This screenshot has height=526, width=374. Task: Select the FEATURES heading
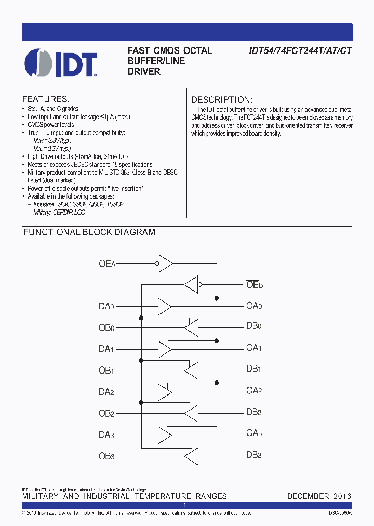(45, 99)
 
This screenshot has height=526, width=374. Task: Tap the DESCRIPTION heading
(222, 100)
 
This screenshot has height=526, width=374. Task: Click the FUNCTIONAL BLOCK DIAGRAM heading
(89, 233)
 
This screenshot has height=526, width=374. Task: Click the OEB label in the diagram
(255, 284)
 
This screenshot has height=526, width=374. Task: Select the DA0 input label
(106, 306)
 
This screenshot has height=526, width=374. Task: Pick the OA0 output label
(254, 306)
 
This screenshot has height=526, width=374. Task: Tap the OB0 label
(106, 327)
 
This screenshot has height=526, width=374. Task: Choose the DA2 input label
(106, 391)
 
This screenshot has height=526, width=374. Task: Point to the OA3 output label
(254, 433)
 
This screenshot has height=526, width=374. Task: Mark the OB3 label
(106, 456)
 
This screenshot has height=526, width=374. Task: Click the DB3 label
(253, 455)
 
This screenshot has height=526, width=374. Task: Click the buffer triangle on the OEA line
(165, 263)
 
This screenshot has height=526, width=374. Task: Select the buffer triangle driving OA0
(165, 306)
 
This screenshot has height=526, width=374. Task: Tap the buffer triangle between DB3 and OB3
(191, 456)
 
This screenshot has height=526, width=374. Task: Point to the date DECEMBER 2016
(319, 496)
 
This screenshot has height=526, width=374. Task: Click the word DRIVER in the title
(144, 72)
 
